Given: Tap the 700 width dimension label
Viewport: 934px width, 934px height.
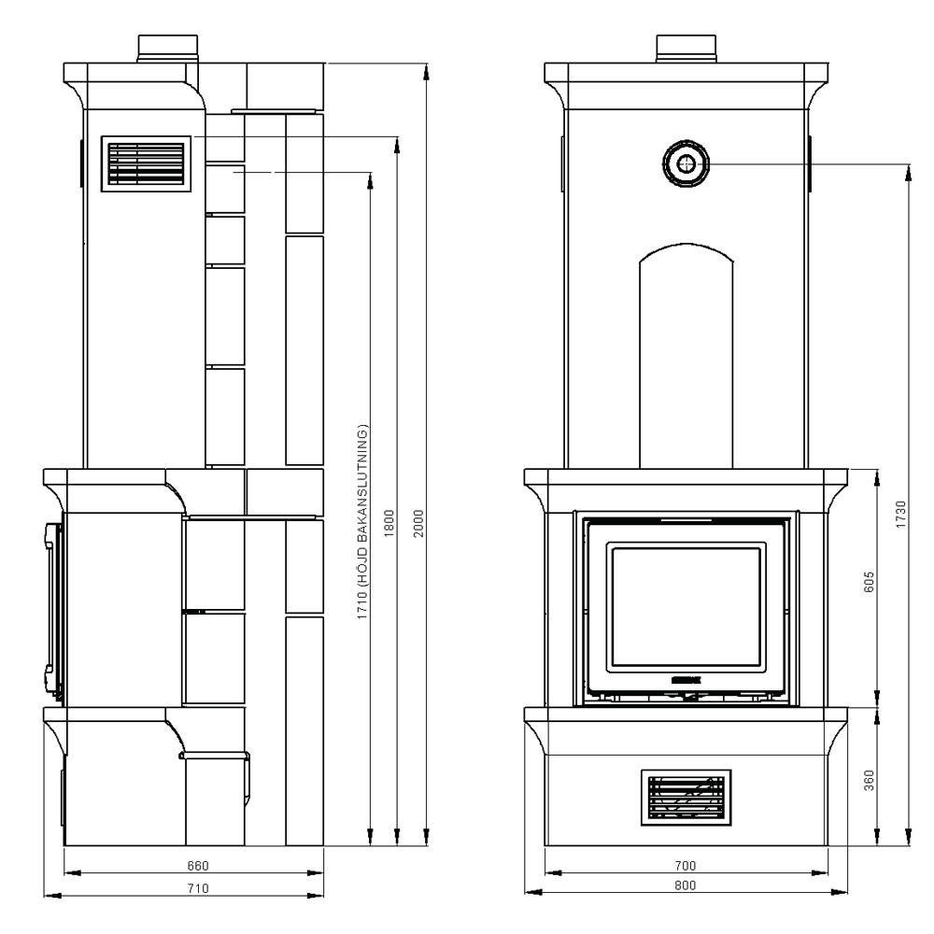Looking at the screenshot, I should coord(686,865).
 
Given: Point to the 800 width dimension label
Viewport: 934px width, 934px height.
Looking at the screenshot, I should coord(686,886).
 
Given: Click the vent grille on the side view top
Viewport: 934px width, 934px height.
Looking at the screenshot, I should coord(146,165).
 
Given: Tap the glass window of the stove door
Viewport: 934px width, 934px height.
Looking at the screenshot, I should coord(686,607).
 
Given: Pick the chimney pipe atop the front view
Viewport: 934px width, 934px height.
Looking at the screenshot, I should coord(686,49).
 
